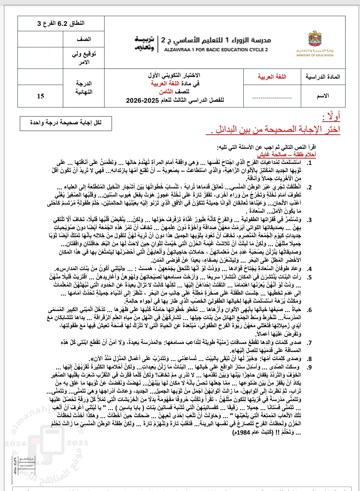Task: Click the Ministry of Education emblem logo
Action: coord(315,39)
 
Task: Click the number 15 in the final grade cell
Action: coord(40,96)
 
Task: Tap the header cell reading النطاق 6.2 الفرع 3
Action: coord(61,24)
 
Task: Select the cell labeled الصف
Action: coord(83,39)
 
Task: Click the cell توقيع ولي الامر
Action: coord(83,58)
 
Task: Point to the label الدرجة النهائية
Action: coord(83,87)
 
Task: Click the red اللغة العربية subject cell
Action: coord(272,77)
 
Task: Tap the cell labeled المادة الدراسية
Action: coord(322,77)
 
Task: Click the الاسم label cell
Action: coord(322,96)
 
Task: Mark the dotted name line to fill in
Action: coord(272,98)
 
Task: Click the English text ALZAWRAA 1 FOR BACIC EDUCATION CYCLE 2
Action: coord(216,50)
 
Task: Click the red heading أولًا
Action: coord(331,117)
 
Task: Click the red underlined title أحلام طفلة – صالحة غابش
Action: coord(286,154)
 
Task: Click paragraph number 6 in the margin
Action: coord(309,310)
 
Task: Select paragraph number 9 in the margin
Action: coord(309,367)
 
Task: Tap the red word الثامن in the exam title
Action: coord(166,92)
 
